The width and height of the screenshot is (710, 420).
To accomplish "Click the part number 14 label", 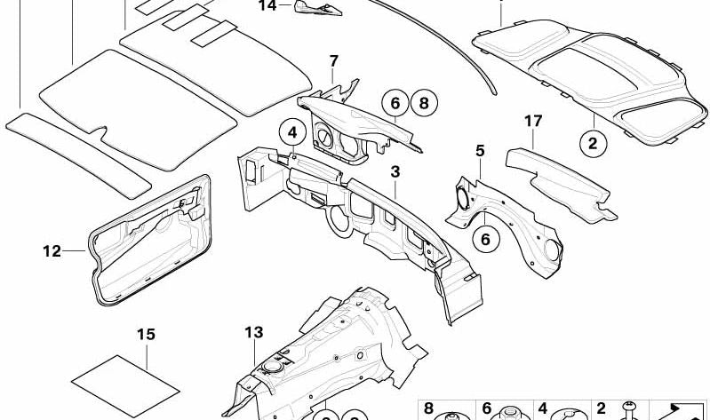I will point(267,6).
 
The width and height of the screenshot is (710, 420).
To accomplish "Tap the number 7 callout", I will point(333,61).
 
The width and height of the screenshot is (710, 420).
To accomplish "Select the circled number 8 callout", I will point(423,104).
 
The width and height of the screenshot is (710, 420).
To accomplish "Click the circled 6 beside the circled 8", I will point(394,104).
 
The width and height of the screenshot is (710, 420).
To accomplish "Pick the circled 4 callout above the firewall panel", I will point(291,134).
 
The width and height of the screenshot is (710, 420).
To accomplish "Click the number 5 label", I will point(480,151).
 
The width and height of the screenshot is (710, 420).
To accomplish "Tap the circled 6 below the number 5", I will point(485,237).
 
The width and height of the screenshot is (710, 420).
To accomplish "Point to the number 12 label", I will point(51,251).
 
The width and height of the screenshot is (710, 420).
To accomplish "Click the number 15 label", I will point(146,334).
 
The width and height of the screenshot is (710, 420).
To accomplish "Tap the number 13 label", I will point(254,332).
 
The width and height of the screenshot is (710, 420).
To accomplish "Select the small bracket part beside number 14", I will point(317,9).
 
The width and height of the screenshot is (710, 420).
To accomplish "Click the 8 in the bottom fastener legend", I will point(427,408).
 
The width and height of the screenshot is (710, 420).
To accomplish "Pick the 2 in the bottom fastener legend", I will point(601,408).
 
